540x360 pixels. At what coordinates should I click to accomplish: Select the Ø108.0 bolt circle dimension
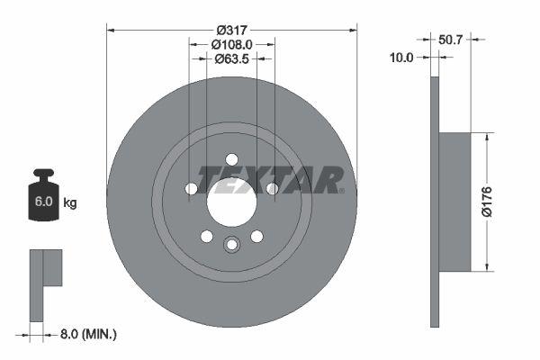(x=232, y=42)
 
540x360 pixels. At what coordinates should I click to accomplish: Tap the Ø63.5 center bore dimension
(x=232, y=59)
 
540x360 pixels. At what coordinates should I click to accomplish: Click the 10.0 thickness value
(x=401, y=58)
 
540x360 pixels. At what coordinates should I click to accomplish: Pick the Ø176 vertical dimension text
(x=510, y=202)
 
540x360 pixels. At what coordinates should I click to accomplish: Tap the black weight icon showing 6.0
(x=43, y=195)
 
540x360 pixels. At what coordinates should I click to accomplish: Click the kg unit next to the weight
(x=70, y=203)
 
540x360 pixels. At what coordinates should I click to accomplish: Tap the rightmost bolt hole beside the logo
(x=272, y=189)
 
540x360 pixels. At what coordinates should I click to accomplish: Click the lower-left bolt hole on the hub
(x=207, y=236)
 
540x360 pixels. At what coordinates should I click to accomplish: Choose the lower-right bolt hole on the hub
(x=256, y=236)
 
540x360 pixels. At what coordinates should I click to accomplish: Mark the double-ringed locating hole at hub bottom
(x=232, y=244)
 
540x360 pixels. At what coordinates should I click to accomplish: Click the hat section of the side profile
(x=455, y=202)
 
